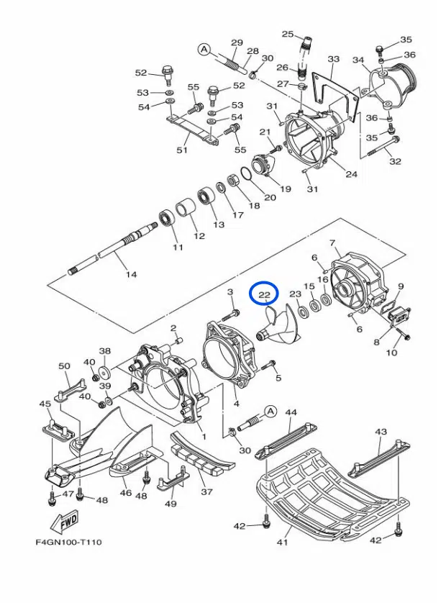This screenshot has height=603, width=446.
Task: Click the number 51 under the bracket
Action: click(182, 150)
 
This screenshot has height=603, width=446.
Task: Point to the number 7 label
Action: click(332, 243)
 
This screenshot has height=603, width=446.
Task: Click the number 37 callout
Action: click(207, 492)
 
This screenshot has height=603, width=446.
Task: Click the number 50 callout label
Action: click(64, 366)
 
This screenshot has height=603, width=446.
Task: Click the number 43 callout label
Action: click(381, 432)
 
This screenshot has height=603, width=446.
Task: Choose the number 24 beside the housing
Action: click(351, 173)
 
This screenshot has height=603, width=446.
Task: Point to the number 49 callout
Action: click(170, 504)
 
